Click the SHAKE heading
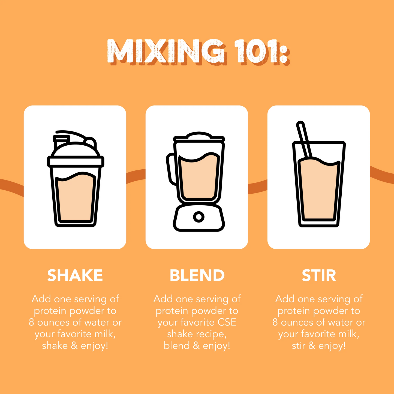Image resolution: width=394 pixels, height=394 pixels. tap(75, 275)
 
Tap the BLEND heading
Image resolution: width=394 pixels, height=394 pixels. tap(197, 275)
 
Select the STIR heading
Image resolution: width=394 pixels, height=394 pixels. tap(319, 275)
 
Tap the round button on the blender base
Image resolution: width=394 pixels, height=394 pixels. tap(198, 217)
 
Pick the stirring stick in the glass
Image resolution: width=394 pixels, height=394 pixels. tap(304, 139)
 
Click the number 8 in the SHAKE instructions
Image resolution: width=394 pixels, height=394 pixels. tap(31, 323)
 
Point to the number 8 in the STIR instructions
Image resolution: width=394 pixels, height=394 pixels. tap(275, 323)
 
